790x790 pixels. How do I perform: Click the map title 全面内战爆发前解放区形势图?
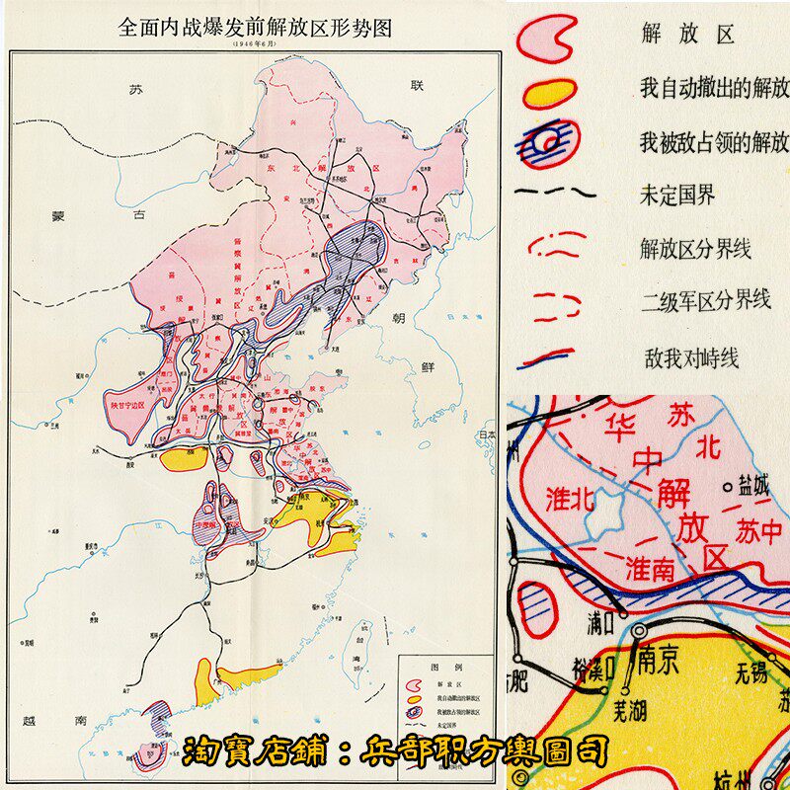click(x=255, y=28)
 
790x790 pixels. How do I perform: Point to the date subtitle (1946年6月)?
click(x=255, y=44)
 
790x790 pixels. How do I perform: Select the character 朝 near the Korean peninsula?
click(x=398, y=318)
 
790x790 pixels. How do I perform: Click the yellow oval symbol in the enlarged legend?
click(x=549, y=93)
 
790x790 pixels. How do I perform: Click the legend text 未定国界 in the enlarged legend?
click(x=676, y=195)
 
